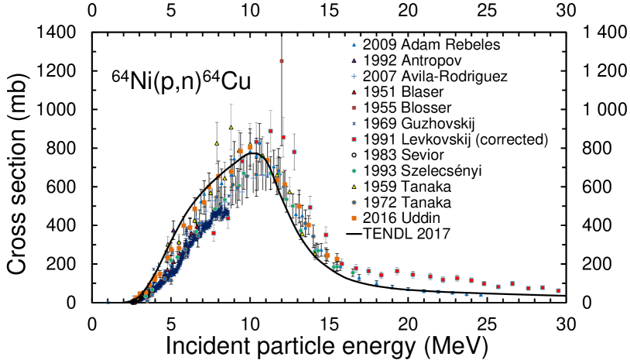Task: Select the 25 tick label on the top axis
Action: point(488,12)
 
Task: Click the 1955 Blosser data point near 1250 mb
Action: point(282,60)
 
